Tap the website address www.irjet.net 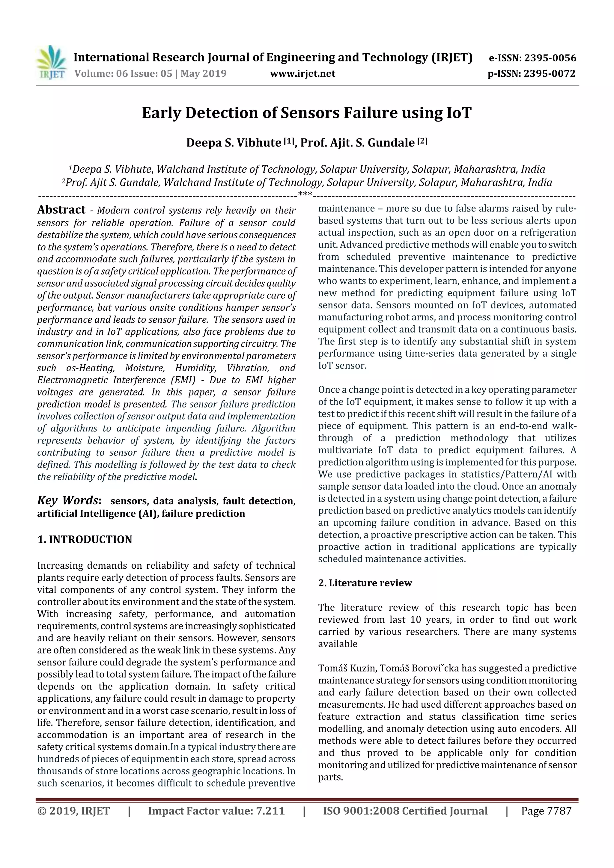coord(302,74)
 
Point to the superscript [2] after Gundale coord(422,141)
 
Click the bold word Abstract coord(61,210)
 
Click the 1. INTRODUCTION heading coord(85,540)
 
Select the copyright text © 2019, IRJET coord(73,811)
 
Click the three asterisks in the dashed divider coord(305,195)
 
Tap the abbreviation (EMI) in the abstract coord(183,380)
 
